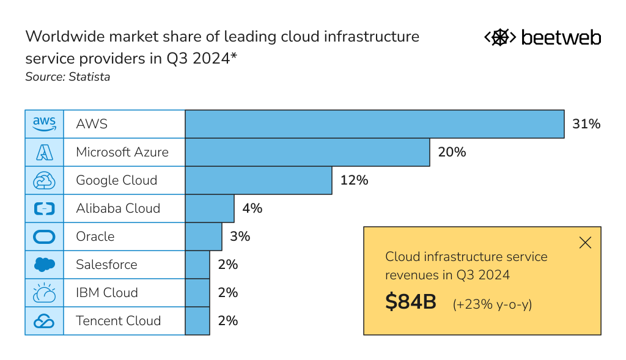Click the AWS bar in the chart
374,124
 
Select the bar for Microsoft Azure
307,152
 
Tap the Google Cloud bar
258,180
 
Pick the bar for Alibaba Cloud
209,208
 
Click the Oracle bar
203,237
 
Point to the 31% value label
586,124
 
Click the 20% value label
452,152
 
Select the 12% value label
354,180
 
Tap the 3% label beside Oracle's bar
240,237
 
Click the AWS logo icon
44,124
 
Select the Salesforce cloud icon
44,265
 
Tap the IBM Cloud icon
44,293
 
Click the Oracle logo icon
44,237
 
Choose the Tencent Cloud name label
118,321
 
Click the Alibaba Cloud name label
118,208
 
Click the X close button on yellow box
585,243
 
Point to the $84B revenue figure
411,303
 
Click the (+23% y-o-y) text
492,304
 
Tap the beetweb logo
542,38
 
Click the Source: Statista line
67,77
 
